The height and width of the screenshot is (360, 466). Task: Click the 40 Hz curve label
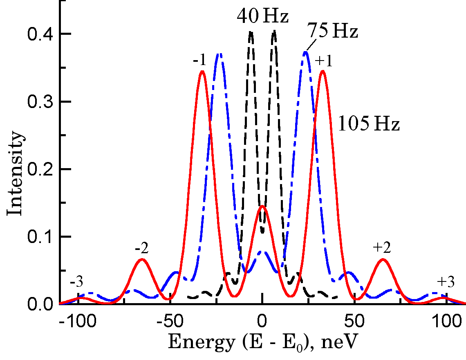263,17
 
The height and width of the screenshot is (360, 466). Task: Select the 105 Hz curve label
368,124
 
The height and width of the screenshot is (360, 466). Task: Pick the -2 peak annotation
141,249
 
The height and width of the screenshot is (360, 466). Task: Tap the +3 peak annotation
446,282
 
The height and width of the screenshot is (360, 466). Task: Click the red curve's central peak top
262,206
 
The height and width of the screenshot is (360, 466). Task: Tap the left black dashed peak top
251,32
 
